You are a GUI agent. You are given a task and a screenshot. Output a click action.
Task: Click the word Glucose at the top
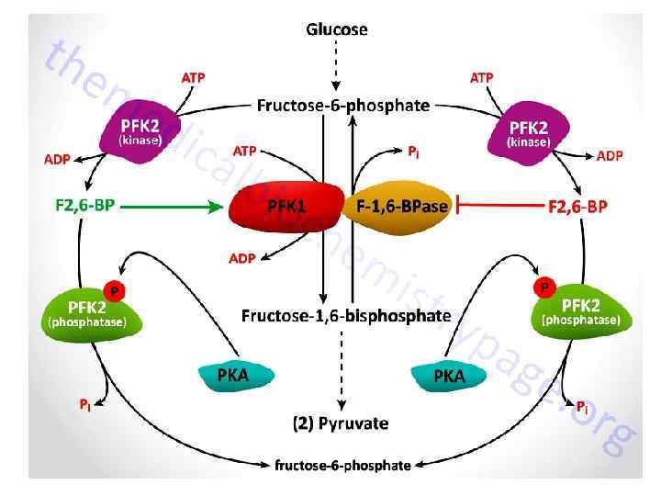336,29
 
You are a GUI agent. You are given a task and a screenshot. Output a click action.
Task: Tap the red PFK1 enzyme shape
285,207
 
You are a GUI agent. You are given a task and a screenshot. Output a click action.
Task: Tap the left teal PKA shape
232,376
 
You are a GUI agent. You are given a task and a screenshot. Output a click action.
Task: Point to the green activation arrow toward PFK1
174,207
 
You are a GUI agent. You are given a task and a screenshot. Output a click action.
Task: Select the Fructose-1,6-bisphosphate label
333,316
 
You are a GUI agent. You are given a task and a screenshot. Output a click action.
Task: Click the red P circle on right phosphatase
544,288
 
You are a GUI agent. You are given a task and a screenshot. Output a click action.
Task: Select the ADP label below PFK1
241,259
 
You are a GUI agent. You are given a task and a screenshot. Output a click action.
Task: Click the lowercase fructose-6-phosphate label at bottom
343,465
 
